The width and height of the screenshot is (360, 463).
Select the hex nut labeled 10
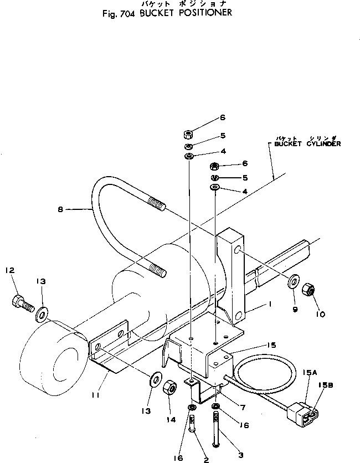pos(308,289)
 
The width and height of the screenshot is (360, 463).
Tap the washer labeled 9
pos(292,281)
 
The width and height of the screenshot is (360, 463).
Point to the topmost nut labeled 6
pos(189,134)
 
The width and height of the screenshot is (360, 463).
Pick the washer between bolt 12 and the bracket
pos(41,316)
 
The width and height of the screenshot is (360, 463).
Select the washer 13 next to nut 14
pos(155,382)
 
